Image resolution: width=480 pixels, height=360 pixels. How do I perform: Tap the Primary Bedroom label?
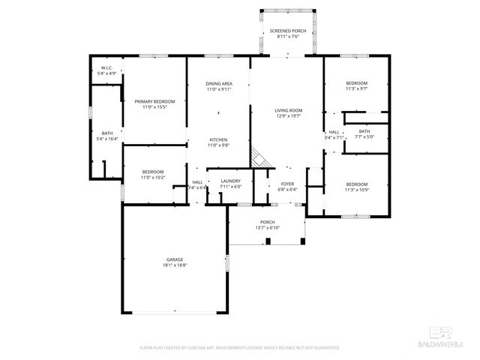(x=154, y=101)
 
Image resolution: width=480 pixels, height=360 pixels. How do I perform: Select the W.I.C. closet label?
(x=107, y=68)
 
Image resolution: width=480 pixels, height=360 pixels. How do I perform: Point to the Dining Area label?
(x=219, y=83)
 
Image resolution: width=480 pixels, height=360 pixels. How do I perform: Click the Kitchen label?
(x=219, y=140)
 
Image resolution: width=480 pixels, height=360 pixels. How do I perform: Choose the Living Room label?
(x=287, y=110)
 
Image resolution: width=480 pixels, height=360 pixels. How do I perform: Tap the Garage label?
(x=175, y=259)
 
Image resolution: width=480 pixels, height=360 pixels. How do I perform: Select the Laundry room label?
(x=230, y=181)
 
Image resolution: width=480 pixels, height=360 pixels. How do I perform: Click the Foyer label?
(x=288, y=184)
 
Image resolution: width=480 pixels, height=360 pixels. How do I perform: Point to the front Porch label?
(x=267, y=222)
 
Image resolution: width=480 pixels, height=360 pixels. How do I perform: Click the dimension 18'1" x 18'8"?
(x=175, y=265)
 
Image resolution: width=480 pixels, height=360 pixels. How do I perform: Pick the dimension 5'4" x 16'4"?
(x=107, y=139)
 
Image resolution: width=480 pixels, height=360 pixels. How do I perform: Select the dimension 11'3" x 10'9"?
(x=357, y=190)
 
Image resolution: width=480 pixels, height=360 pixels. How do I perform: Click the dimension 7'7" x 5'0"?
(x=364, y=137)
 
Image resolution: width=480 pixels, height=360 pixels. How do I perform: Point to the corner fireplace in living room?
(x=260, y=157)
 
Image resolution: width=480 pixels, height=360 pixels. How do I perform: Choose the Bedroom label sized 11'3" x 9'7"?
(x=357, y=83)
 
